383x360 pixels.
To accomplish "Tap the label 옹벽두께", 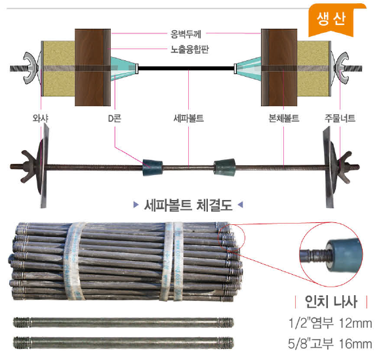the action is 186,34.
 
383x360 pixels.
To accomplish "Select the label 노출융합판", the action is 190,49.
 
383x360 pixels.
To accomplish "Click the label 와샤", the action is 40,119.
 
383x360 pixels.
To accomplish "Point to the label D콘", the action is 115,119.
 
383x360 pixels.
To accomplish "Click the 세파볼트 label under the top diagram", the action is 189,119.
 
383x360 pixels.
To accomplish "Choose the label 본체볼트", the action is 283,119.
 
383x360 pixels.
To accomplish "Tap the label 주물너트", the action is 340,119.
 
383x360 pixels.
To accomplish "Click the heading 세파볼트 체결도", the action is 188,205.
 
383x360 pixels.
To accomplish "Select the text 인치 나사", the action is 331,302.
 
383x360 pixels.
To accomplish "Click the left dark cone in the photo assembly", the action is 152,167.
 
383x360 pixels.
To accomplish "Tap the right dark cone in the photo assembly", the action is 225,167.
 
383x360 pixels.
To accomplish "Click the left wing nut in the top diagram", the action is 31,68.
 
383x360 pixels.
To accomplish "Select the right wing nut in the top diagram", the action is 342,68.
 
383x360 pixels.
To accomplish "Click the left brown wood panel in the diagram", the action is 92,68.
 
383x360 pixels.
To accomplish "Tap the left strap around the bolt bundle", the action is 73,261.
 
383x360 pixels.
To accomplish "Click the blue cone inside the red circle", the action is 344,256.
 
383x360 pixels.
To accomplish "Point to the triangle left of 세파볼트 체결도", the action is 136,205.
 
